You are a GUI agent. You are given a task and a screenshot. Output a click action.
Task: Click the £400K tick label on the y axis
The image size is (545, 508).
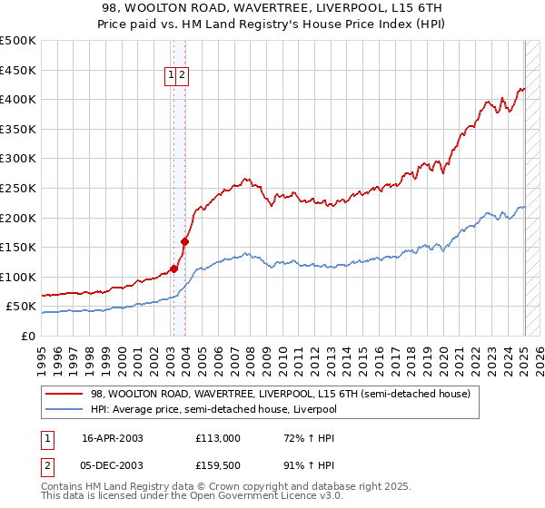pyautogui.click(x=18, y=100)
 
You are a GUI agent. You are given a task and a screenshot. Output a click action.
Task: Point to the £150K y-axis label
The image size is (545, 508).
pyautogui.click(x=18, y=247)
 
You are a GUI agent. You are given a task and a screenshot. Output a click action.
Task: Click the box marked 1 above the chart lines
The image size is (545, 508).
pyautogui.click(x=171, y=76)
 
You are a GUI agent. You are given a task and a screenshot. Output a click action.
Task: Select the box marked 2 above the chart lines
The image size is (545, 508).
pyautogui.click(x=183, y=76)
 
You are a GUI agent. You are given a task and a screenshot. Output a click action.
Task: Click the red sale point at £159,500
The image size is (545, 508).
pyautogui.click(x=184, y=241)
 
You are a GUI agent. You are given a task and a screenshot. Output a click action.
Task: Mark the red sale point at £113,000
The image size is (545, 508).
pyautogui.click(x=173, y=269)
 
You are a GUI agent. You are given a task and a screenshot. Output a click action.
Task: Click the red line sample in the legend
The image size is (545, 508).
pyautogui.click(x=64, y=395)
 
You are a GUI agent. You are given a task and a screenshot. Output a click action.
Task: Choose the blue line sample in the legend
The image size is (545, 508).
pyautogui.click(x=64, y=409)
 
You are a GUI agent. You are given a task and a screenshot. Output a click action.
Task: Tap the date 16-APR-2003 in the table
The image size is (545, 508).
pyautogui.click(x=113, y=438)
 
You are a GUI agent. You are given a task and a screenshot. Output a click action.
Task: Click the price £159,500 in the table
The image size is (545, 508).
pyautogui.click(x=218, y=465)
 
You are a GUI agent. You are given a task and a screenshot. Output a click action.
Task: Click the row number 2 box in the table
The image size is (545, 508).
pyautogui.click(x=48, y=465)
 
